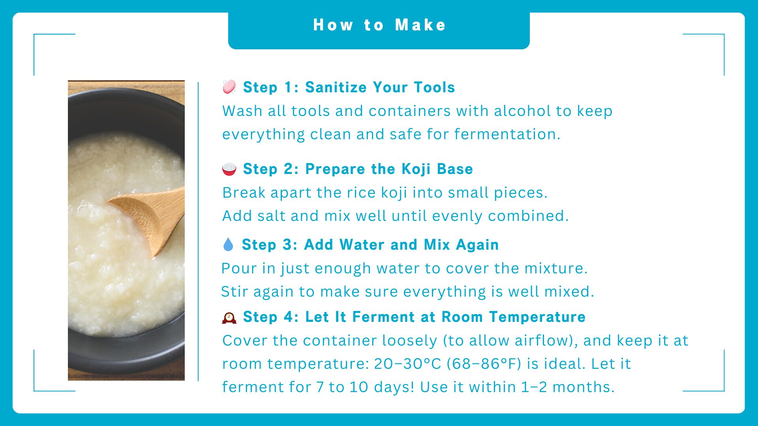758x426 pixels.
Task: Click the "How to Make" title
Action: click(x=379, y=25)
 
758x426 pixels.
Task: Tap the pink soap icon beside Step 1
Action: click(x=229, y=87)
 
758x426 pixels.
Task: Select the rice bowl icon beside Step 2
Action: click(x=229, y=169)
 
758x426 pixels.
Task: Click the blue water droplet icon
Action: click(x=228, y=245)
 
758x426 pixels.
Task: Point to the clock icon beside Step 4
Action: click(x=229, y=318)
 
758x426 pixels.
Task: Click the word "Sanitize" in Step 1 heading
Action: click(x=336, y=87)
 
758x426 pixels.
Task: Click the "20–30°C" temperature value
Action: click(x=407, y=364)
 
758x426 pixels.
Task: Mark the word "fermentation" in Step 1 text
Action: click(x=507, y=134)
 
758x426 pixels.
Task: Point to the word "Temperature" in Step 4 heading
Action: click(x=537, y=317)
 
